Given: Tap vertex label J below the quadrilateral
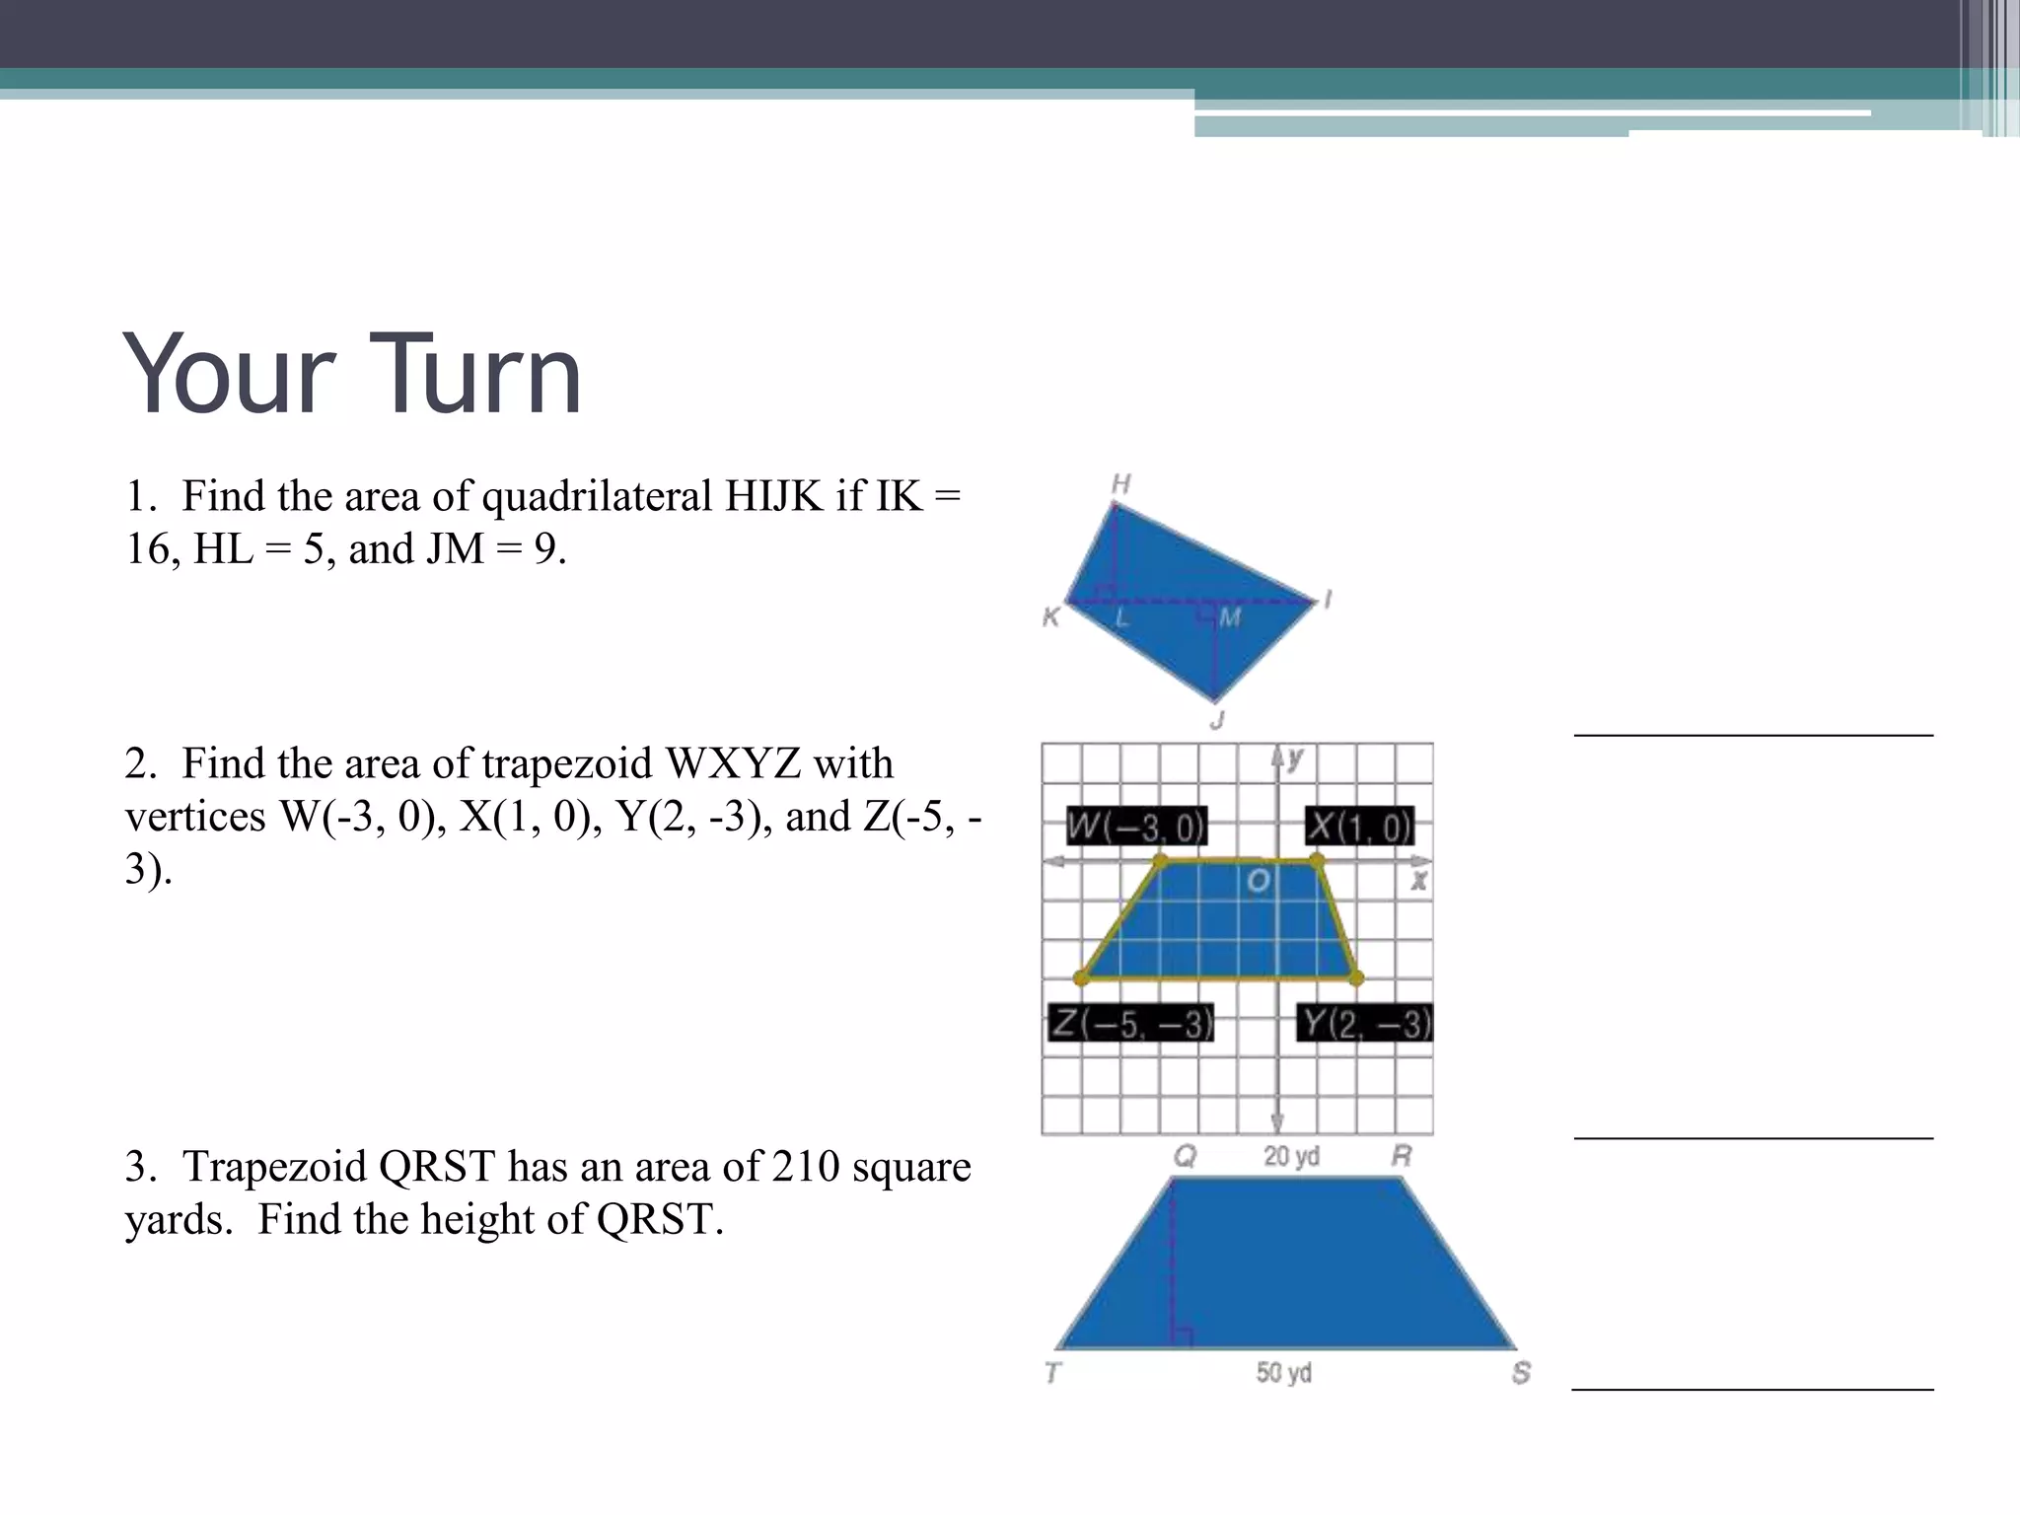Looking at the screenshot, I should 1218,720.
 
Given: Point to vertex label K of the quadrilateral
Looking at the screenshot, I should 1051,617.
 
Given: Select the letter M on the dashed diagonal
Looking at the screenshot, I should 1230,618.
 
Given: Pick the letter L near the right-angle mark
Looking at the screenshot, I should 1121,619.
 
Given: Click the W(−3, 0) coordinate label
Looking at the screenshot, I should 1136,827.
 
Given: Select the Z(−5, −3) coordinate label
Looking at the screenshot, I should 1130,1023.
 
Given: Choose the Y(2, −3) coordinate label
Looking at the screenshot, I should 1365,1023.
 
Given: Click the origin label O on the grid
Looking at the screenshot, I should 1258,880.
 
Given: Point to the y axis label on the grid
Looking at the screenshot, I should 1295,757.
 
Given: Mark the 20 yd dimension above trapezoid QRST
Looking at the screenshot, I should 1291,1156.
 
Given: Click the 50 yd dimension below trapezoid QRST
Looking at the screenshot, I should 1283,1372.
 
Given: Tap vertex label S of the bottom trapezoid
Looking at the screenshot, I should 1521,1372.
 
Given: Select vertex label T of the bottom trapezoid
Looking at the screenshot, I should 1052,1372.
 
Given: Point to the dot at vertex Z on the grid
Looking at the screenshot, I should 1082,977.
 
